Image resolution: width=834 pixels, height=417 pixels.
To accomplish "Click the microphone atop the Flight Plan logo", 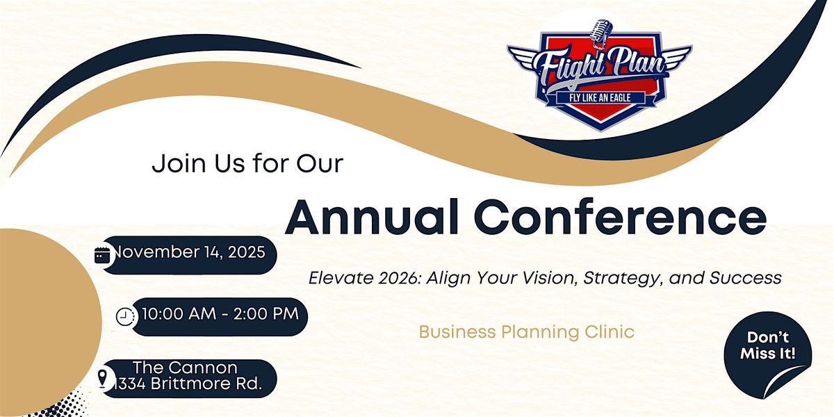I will (598, 32).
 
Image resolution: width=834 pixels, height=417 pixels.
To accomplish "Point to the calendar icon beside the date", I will (103, 255).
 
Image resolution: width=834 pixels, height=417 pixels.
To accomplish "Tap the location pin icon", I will (103, 379).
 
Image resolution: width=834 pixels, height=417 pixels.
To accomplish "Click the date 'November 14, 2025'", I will (189, 252).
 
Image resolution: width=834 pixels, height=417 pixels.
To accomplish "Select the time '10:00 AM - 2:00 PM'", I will (220, 314).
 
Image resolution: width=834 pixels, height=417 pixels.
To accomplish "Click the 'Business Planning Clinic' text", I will (526, 332).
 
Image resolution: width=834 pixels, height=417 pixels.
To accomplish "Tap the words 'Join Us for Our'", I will (248, 164).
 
